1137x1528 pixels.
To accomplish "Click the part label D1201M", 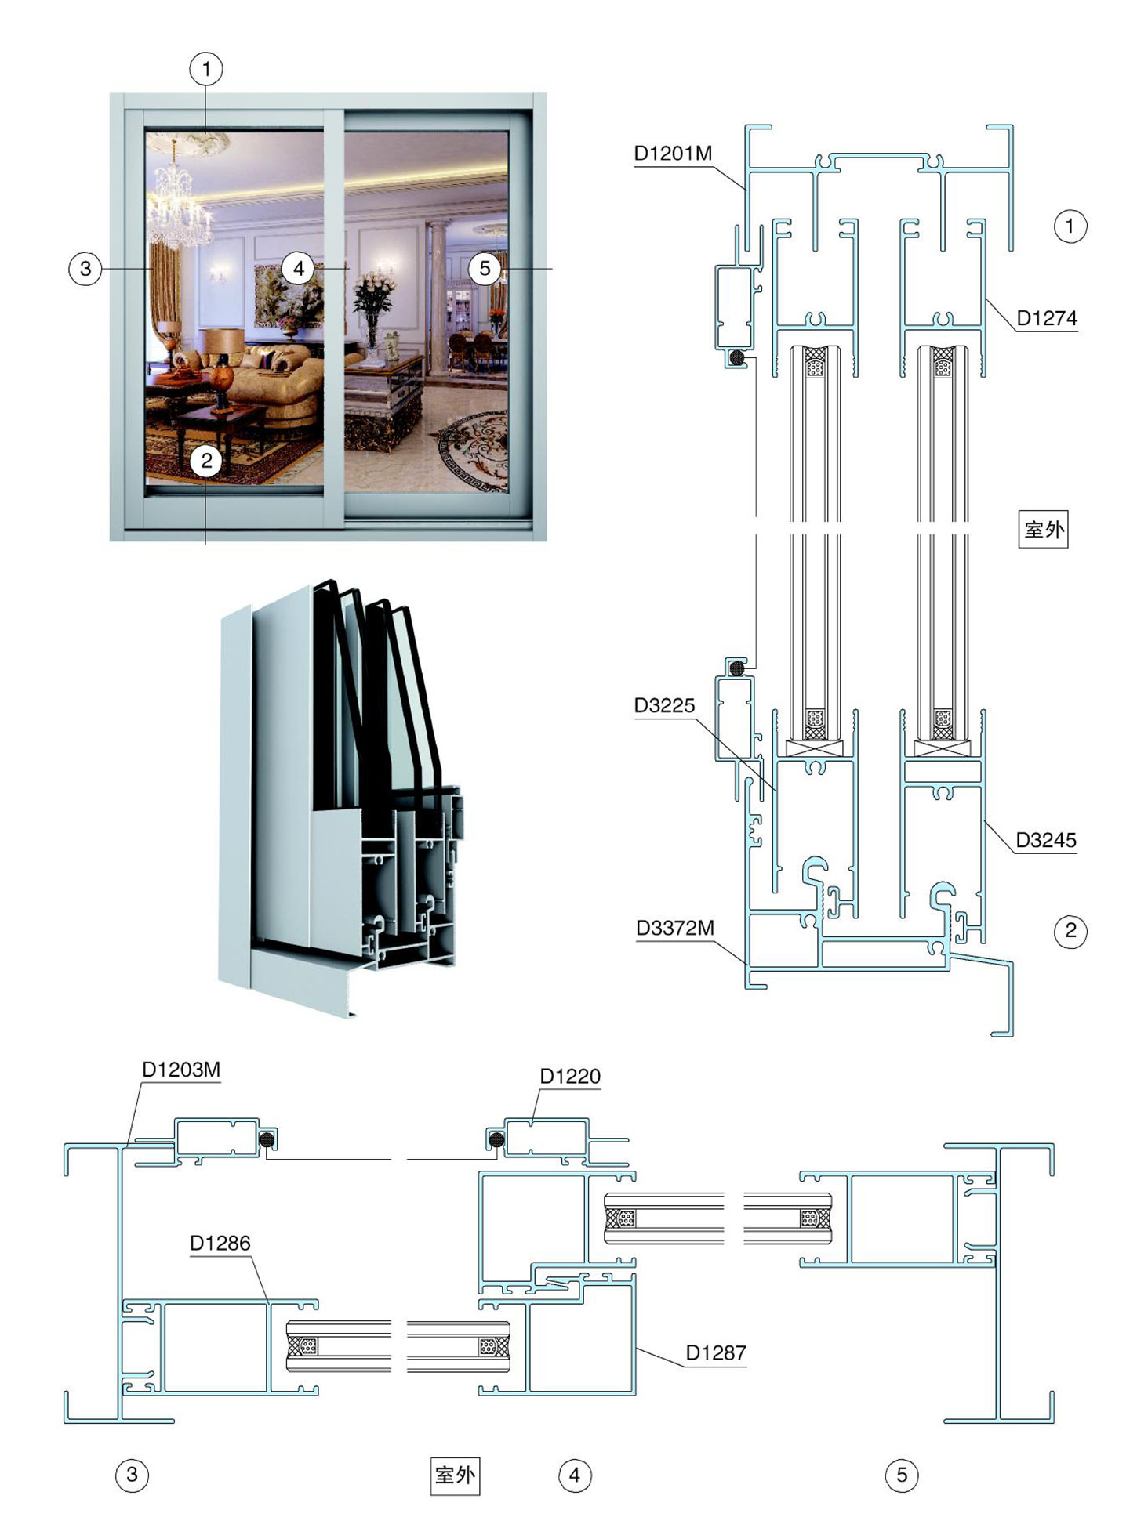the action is tap(673, 154).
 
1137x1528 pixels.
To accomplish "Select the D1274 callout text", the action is tap(1047, 318).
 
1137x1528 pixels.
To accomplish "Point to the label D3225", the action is tap(664, 705).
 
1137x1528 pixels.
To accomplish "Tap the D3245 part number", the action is tap(1046, 840).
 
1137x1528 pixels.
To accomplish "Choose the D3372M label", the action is tap(675, 929).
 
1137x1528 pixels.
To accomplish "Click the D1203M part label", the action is tap(181, 1070).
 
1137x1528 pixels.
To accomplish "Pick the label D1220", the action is tap(570, 1077).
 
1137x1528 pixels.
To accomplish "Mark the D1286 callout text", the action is tap(220, 1243).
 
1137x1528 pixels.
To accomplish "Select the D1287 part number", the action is tap(716, 1352).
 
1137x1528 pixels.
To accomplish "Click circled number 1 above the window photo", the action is tap(206, 69).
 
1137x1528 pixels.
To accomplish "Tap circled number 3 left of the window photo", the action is tap(85, 269).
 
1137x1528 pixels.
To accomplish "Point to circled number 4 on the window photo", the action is tap(298, 269).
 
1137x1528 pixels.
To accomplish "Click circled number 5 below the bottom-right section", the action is tap(902, 1475).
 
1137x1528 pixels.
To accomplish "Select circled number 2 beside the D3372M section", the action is tap(1070, 931).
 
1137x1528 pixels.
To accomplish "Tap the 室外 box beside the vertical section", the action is tap(1043, 529).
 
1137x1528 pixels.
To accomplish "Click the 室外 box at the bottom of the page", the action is tap(455, 1475).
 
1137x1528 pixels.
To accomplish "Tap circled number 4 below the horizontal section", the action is tap(575, 1475).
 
